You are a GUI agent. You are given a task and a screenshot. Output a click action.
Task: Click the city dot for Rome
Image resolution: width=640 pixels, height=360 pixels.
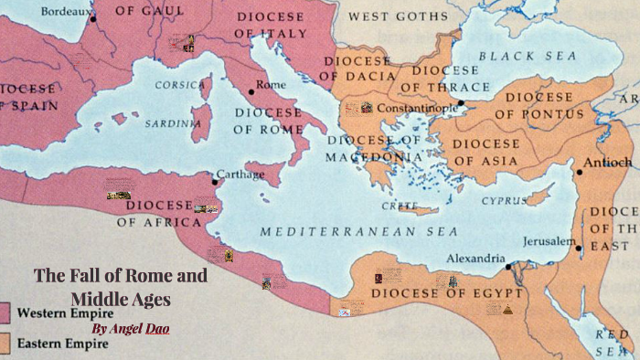[x=251, y=91]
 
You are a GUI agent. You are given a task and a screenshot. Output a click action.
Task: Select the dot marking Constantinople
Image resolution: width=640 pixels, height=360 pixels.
[x=461, y=103]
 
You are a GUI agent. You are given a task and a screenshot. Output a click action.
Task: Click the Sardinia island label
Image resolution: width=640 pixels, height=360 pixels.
[x=176, y=122]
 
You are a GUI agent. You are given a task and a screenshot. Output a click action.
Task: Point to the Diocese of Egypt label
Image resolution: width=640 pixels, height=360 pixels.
[x=447, y=294]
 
